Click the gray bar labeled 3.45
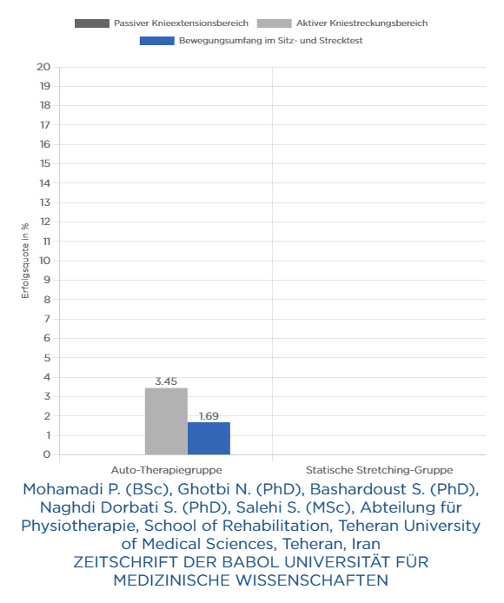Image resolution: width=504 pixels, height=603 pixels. pyautogui.click(x=166, y=421)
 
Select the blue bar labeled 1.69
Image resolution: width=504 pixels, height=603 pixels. pyautogui.click(x=209, y=439)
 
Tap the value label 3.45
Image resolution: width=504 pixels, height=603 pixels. pyautogui.click(x=166, y=381)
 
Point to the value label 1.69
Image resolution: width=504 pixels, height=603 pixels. pyautogui.click(x=209, y=416)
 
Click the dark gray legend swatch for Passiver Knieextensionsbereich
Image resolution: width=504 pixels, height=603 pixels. pyautogui.click(x=92, y=23)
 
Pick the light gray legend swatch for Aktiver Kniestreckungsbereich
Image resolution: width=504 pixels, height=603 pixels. pyautogui.click(x=275, y=23)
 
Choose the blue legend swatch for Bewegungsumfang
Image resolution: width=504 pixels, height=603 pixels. pyautogui.click(x=157, y=41)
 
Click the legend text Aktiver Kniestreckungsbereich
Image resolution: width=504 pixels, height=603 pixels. pyautogui.click(x=361, y=23)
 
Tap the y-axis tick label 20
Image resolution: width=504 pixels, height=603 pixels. pyautogui.click(x=43, y=67)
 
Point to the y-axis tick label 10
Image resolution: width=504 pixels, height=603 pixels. pyautogui.click(x=44, y=261)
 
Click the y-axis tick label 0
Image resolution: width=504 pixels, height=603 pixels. pyautogui.click(x=47, y=454)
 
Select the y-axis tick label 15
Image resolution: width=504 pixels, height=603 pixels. pyautogui.click(x=45, y=164)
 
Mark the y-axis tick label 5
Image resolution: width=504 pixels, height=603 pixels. pyautogui.click(x=47, y=358)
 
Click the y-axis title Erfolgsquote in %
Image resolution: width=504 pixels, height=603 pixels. pyautogui.click(x=25, y=261)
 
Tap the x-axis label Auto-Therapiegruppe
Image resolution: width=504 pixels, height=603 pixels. pyautogui.click(x=167, y=470)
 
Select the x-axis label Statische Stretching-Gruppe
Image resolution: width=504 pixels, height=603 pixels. pyautogui.click(x=380, y=470)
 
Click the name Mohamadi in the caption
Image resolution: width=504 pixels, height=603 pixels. pyautogui.click(x=63, y=489)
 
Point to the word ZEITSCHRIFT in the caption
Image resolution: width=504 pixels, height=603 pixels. pyautogui.click(x=126, y=562)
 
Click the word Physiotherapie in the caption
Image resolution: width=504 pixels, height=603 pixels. pyautogui.click(x=80, y=526)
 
